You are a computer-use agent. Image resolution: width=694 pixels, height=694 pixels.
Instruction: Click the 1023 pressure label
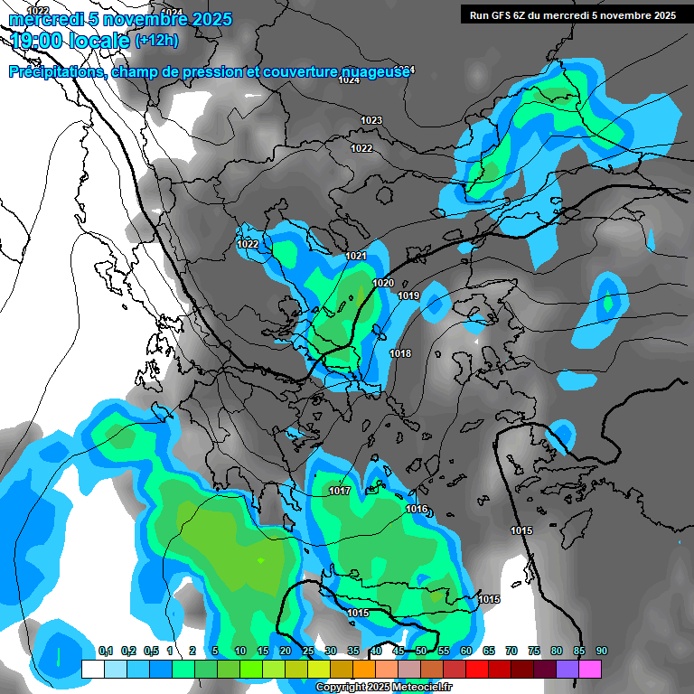[x=370, y=120]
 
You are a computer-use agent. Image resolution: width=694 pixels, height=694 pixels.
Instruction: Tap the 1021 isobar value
[x=356, y=257]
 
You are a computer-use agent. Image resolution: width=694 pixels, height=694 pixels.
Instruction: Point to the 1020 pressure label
[x=383, y=283]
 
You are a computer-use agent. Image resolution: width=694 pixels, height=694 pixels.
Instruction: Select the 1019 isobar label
[x=408, y=295]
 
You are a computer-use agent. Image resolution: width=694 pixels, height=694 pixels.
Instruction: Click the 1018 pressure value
[x=400, y=353]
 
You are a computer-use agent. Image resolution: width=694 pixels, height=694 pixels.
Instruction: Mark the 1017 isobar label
[x=340, y=491]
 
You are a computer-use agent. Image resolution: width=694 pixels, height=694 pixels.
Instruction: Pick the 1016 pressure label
[x=417, y=510]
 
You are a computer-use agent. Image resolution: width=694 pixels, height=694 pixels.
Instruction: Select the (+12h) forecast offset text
[x=156, y=41]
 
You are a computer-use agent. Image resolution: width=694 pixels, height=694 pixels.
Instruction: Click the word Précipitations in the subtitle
[x=55, y=71]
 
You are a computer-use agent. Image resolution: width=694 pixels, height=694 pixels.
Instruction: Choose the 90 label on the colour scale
[x=602, y=651]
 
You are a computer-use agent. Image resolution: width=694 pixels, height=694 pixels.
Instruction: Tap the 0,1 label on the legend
[x=105, y=651]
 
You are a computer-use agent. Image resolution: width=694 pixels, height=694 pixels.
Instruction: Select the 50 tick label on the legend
[x=421, y=651]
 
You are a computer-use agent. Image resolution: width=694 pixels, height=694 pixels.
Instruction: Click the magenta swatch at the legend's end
[x=590, y=669]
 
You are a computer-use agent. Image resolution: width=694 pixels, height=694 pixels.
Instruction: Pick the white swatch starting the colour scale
[x=92, y=669]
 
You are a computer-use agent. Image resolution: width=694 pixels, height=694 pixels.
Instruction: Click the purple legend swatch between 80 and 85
[x=567, y=669]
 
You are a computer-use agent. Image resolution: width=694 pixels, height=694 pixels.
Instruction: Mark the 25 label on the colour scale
[x=308, y=651]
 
